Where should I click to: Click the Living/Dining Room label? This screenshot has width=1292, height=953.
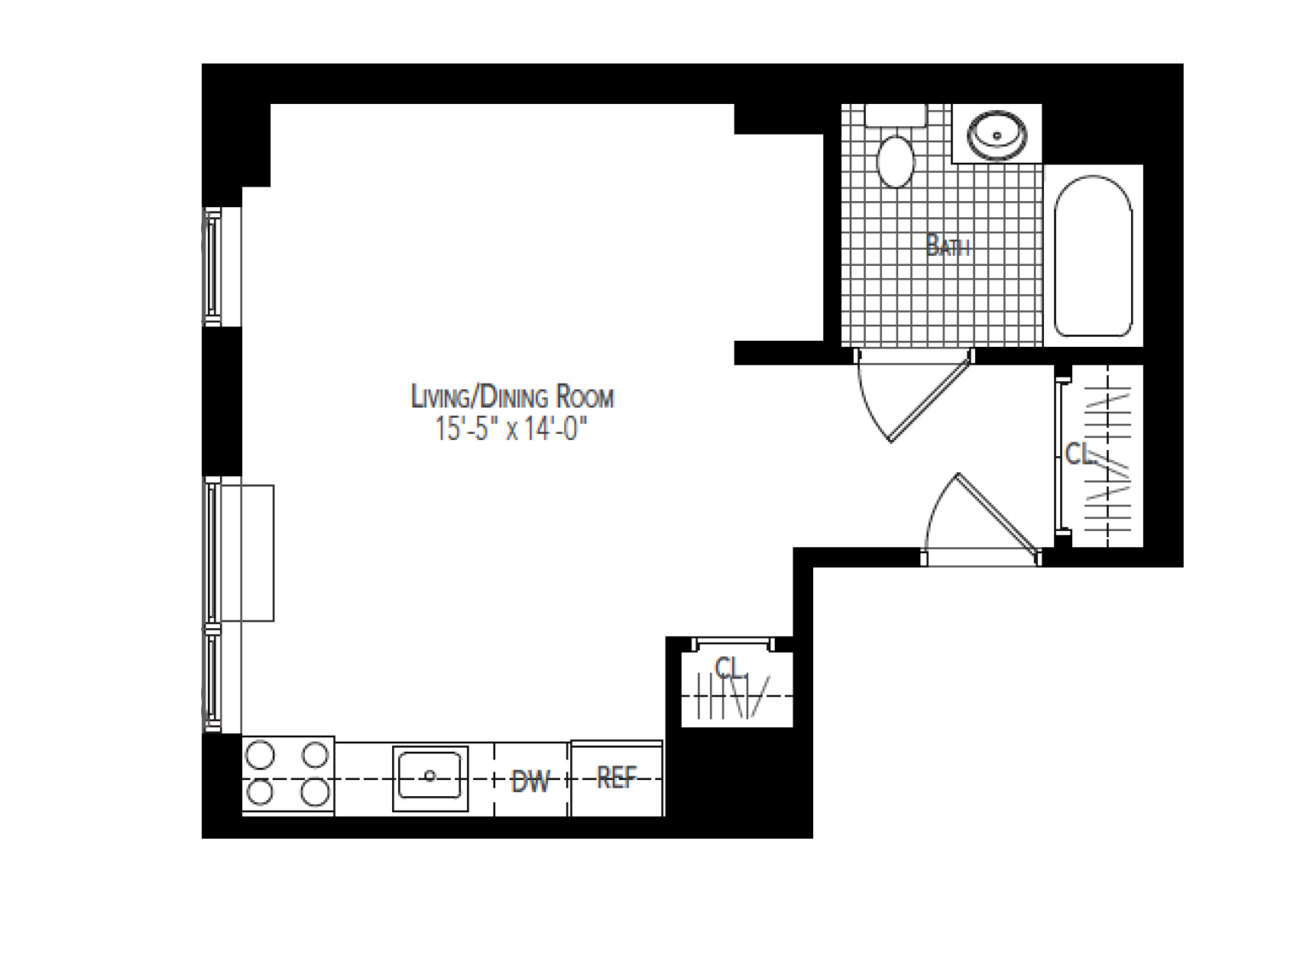[512, 397]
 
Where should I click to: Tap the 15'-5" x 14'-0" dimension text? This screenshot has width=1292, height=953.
[512, 429]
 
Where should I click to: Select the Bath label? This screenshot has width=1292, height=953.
[948, 247]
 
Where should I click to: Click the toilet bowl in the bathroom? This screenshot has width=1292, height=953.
[895, 160]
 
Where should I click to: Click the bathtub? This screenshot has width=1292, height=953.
[1093, 256]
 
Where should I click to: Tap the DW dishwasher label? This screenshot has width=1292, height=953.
[531, 781]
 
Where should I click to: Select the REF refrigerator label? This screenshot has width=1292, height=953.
[616, 777]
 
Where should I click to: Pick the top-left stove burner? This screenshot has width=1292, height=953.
[260, 755]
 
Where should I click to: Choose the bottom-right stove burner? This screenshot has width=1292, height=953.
[315, 794]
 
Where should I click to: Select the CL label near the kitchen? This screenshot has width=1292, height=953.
[730, 667]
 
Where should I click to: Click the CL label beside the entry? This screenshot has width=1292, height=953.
[1078, 454]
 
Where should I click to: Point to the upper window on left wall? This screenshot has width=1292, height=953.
[211, 266]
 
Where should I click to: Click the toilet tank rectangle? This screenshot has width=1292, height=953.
[895, 115]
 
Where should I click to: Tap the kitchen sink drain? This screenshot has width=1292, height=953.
[430, 776]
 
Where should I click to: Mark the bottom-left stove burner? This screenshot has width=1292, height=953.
[260, 794]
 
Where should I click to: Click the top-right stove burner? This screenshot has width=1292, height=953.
[315, 755]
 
